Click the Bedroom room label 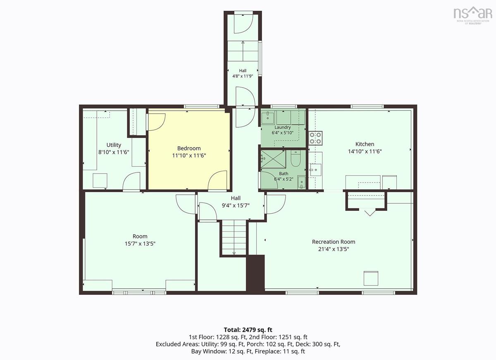189,148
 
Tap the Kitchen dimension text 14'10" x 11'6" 365,151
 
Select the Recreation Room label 334,242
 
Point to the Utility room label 114,145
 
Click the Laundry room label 283,127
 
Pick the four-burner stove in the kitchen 315,138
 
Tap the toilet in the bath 296,159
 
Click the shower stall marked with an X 273,159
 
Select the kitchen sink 315,170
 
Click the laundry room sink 268,117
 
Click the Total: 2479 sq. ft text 248,330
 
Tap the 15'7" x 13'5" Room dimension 140,244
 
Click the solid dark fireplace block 255,274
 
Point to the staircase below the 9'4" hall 234,238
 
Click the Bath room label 284,174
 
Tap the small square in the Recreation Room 371,278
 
